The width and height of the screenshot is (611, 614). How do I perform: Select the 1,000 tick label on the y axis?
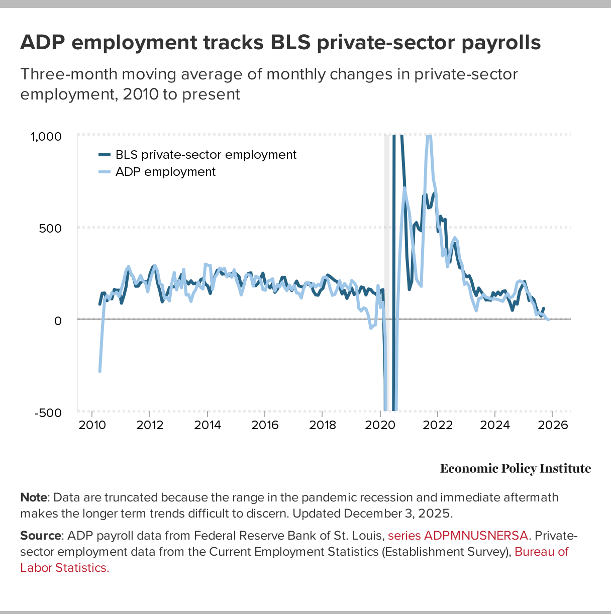pos(46,137)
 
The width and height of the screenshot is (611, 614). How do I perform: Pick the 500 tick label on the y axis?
pos(52,229)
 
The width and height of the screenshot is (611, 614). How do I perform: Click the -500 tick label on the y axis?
pos(48,413)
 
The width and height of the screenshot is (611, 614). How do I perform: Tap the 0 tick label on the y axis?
pos(58,320)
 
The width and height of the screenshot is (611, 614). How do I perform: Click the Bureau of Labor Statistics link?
pos(541,552)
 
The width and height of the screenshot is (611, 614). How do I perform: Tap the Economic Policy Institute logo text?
pos(515,469)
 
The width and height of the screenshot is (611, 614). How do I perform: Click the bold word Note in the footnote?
pos(34,497)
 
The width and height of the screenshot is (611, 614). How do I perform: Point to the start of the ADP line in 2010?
pos(99,371)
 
